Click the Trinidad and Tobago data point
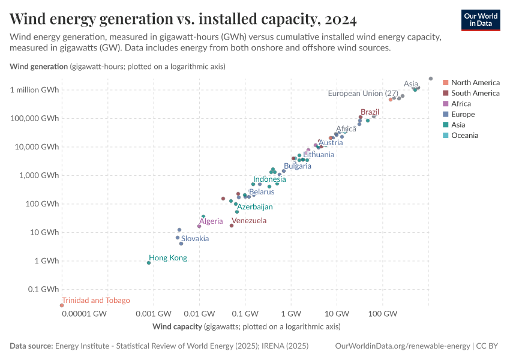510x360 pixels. [61, 305]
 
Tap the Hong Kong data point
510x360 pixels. [149, 263]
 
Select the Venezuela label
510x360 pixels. [249, 221]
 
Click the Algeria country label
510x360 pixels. [211, 221]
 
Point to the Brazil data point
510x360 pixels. [361, 117]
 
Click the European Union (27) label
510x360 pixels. [363, 94]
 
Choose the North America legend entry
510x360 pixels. [475, 82]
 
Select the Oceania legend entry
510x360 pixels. [464, 136]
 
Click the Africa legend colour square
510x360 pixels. [446, 104]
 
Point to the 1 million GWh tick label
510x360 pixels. [34, 90]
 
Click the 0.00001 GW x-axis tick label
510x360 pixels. [83, 314]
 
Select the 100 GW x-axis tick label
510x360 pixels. [383, 314]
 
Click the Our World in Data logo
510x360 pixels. [481, 19]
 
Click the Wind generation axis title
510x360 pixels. [38, 67]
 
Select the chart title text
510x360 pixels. [184, 20]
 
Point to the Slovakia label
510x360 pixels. [195, 239]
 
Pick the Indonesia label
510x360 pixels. [269, 179]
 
